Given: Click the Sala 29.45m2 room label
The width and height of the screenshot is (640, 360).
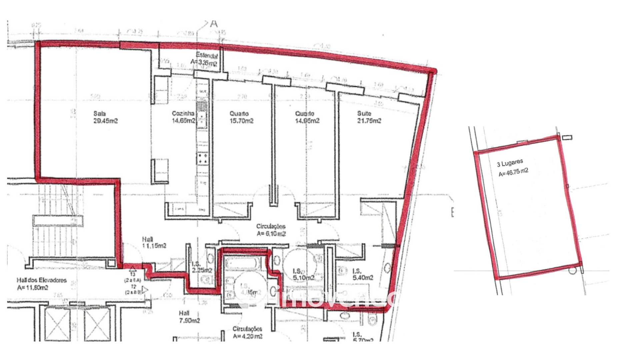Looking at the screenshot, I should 105,117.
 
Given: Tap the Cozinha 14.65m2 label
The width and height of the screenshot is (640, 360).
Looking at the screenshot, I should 183,117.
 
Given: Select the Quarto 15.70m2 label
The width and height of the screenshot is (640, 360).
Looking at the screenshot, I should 241,117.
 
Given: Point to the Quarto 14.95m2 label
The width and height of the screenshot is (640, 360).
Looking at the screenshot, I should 307,117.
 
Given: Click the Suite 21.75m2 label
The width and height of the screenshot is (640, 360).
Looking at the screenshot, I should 369,117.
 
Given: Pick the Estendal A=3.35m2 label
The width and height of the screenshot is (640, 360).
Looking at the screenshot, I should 205,59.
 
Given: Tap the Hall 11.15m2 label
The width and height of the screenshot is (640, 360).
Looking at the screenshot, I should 154,243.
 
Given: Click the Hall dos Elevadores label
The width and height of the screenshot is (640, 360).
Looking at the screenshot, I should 41,284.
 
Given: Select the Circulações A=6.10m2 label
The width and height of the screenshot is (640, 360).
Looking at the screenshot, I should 271,230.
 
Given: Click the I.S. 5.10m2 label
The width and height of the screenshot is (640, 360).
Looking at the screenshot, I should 303,274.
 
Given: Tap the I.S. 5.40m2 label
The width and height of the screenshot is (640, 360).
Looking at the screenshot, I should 362,274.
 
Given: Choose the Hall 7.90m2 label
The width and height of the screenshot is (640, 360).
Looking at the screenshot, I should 189,317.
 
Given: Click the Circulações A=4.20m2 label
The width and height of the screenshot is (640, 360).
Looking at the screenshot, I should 247,333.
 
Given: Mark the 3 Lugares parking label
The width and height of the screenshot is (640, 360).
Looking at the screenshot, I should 510,163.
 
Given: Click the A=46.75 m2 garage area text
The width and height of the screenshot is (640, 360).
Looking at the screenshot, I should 513,172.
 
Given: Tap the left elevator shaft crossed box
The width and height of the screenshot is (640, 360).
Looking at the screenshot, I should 57,324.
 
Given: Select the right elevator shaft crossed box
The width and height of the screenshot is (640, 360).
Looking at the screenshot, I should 97,324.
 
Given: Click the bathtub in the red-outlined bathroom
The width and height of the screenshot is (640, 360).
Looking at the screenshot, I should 242,264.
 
